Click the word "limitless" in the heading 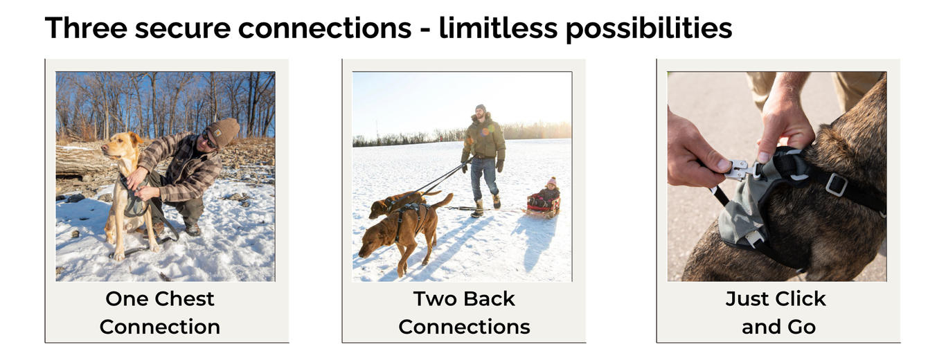point(498,28)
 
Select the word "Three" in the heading point(86,28)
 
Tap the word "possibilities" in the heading point(649,28)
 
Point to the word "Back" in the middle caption point(490,299)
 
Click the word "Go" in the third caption point(799,327)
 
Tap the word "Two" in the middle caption point(436,299)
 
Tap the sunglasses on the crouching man point(209,140)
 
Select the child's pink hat point(552,181)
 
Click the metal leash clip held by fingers point(737,170)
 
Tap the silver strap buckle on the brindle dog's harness point(836,185)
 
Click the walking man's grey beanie point(480,108)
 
